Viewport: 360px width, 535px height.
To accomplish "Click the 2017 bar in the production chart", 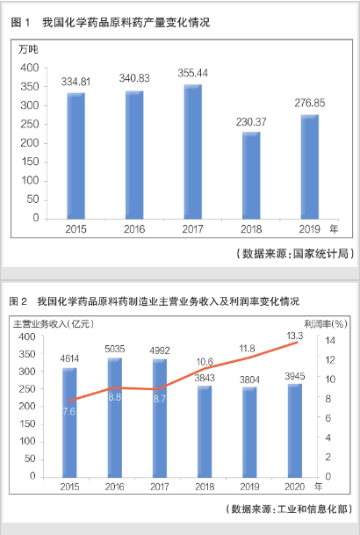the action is click(x=193, y=151).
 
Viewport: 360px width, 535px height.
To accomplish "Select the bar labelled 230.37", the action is click(x=251, y=176).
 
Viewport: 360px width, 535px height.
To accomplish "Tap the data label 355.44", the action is click(x=192, y=73).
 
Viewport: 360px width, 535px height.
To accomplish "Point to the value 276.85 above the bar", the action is click(x=310, y=103).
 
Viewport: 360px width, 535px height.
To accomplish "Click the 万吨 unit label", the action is click(x=28, y=49).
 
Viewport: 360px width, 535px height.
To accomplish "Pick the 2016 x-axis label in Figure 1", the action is click(x=134, y=229).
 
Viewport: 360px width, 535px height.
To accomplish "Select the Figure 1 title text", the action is click(x=111, y=23).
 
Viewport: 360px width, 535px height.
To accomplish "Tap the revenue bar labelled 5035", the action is click(x=115, y=417).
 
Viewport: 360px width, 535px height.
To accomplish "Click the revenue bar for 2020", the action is click(x=295, y=430).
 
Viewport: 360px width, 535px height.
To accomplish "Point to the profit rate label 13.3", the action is click(x=294, y=336).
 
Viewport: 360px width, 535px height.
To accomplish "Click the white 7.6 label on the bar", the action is click(x=68, y=411).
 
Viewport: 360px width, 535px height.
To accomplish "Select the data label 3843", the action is click(x=205, y=378).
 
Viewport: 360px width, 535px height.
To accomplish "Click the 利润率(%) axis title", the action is click(x=326, y=324).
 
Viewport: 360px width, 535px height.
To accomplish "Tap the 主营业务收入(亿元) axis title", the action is click(x=54, y=323).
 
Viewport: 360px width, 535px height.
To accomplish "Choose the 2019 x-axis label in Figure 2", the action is click(x=249, y=487).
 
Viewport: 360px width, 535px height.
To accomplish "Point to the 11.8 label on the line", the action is click(x=247, y=349).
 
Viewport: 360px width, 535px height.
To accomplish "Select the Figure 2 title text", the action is click(x=155, y=301).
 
